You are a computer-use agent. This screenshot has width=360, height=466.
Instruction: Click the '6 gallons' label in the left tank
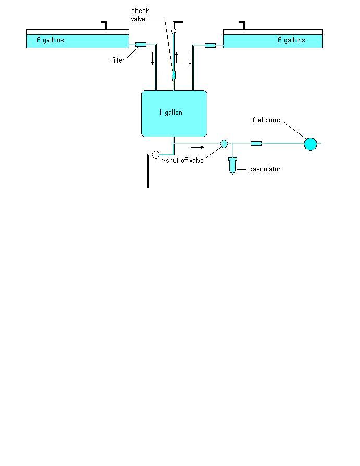pos(50,40)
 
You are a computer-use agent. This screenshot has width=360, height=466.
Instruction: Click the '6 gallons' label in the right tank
pos(291,40)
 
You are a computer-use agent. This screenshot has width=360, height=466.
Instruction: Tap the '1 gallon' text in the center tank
pos(170,113)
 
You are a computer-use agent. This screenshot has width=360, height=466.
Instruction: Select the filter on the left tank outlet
pos(141,45)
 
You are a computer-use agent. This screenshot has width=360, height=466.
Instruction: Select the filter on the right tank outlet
pos(210,46)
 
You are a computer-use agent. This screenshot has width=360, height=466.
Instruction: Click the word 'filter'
pos(118,60)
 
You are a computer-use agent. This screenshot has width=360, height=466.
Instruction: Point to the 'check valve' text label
pos(140,15)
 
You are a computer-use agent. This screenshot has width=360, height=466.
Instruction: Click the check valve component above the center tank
pos(174,75)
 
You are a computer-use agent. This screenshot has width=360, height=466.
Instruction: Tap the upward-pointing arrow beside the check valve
pos(177,56)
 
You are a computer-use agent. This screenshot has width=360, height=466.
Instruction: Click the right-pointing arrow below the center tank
pos(197,148)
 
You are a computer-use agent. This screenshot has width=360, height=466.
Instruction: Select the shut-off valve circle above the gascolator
pos(224,143)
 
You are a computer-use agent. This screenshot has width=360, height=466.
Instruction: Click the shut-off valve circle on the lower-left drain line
pos(155,154)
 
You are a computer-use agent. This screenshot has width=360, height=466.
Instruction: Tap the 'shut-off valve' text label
pos(184,161)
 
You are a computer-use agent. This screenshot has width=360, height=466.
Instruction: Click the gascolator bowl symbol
pos(232,165)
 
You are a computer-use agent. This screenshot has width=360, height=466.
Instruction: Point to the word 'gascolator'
pos(264,169)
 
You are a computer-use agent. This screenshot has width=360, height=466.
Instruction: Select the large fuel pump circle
pos(310,144)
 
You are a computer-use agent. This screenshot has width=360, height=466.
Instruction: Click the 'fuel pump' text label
pos(267,121)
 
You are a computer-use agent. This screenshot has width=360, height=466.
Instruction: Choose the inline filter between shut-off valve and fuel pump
pos(256,143)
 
